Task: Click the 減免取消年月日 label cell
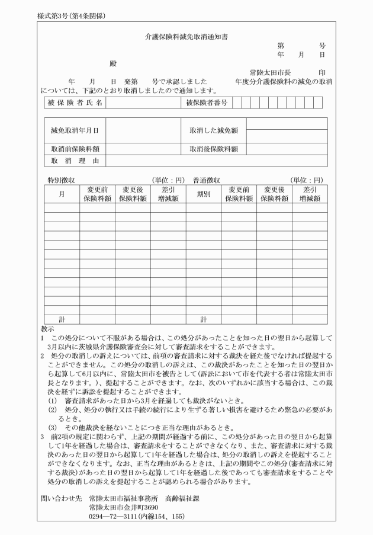[75, 129]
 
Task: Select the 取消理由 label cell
[75, 161]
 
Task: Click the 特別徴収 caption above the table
[61, 180]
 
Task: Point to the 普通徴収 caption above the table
[206, 180]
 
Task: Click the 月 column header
[62, 194]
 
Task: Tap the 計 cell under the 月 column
[62, 320]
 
